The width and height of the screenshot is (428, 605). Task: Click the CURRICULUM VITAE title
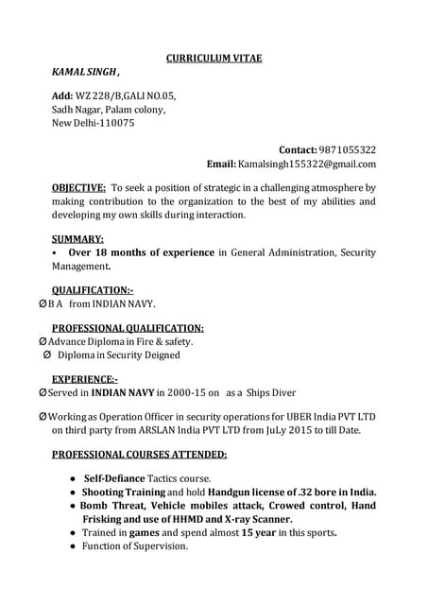click(x=214, y=59)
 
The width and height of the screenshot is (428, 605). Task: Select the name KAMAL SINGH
click(x=84, y=73)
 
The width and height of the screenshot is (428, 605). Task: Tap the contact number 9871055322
click(x=347, y=150)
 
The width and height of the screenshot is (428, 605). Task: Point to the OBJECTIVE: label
click(x=78, y=188)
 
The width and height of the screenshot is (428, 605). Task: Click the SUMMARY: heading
click(x=77, y=239)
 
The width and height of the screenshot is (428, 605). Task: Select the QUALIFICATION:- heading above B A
click(x=92, y=289)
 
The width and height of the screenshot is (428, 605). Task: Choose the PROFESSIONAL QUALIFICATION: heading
click(x=128, y=328)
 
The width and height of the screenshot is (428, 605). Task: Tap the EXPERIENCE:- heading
click(x=85, y=379)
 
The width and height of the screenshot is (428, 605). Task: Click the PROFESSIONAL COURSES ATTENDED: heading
click(x=139, y=454)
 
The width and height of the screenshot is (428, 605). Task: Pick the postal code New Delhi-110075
click(x=93, y=123)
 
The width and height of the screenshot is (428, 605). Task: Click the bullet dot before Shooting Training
click(x=73, y=493)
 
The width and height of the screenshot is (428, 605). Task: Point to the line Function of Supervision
click(x=135, y=546)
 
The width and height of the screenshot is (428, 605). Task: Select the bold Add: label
click(x=61, y=96)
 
